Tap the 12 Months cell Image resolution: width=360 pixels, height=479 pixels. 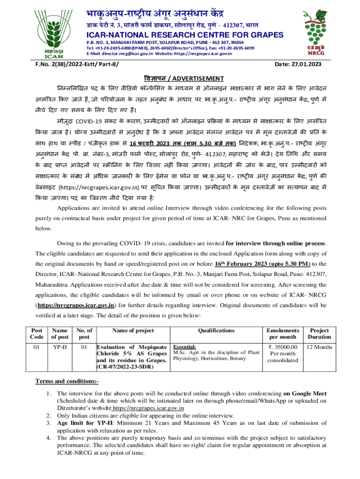pyautogui.click(x=319, y=347)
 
